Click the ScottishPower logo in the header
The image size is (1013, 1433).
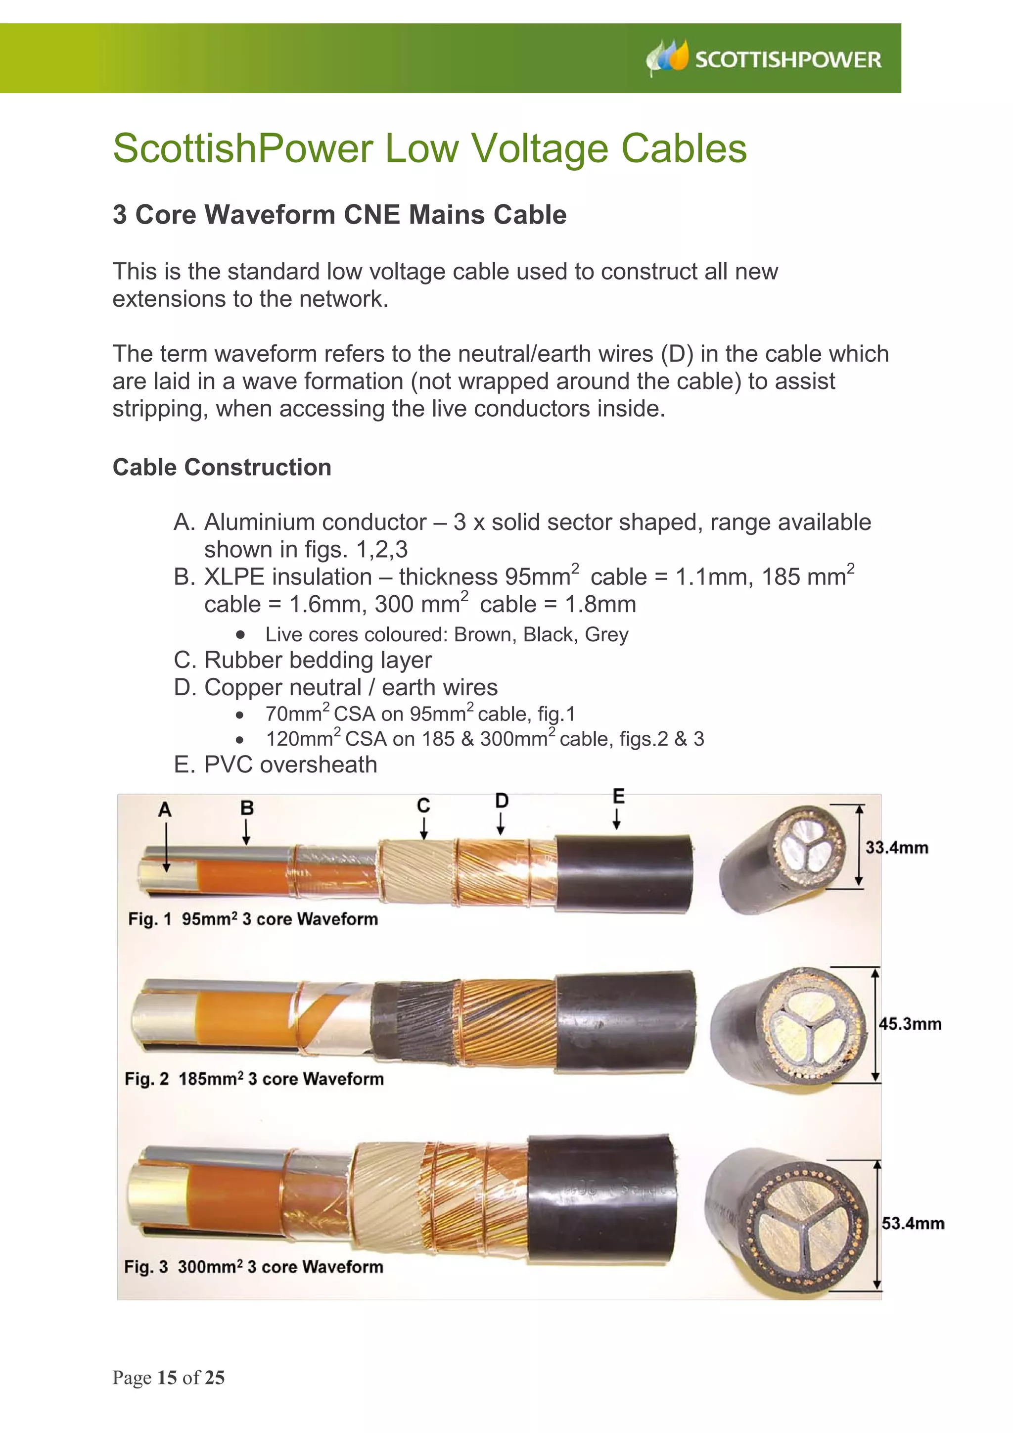pyautogui.click(x=764, y=59)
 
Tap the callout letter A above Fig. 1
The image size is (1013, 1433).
pyautogui.click(x=165, y=810)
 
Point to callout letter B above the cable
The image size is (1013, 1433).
pyautogui.click(x=247, y=808)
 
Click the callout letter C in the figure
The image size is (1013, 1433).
pyautogui.click(x=423, y=806)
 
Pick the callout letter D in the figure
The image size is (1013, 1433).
pyautogui.click(x=502, y=801)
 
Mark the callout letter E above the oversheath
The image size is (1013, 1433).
pyautogui.click(x=618, y=796)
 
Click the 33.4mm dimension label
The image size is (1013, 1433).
pyautogui.click(x=896, y=848)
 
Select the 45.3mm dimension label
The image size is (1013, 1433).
pyautogui.click(x=910, y=1024)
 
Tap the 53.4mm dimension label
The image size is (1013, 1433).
pyautogui.click(x=913, y=1223)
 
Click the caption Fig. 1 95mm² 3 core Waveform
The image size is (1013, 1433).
pyautogui.click(x=253, y=919)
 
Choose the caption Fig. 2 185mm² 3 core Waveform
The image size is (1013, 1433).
pyautogui.click(x=254, y=1079)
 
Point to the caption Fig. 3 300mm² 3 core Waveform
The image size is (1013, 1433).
pyautogui.click(x=253, y=1266)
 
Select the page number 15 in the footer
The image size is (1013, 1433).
pyautogui.click(x=167, y=1378)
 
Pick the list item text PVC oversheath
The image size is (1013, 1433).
pyautogui.click(x=291, y=764)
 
